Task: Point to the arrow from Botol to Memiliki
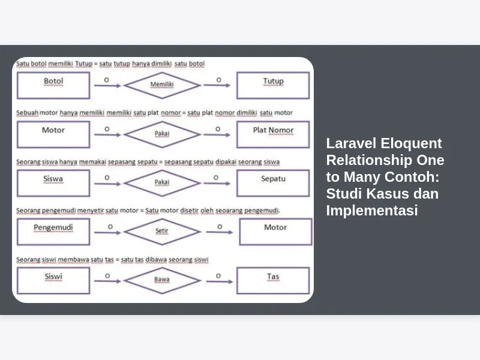click(x=107, y=86)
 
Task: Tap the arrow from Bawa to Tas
click(x=220, y=281)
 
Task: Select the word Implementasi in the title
click(x=372, y=211)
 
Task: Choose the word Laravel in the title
click(x=351, y=143)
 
